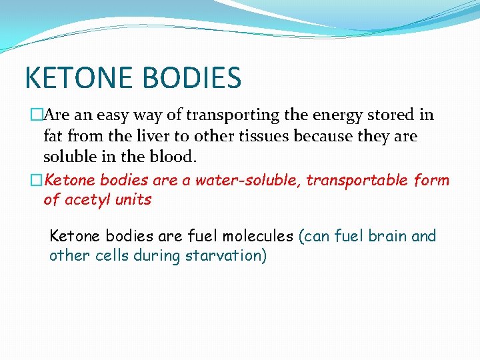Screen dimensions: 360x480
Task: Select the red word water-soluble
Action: (238, 181)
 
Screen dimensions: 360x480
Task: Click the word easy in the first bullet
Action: (113, 115)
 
